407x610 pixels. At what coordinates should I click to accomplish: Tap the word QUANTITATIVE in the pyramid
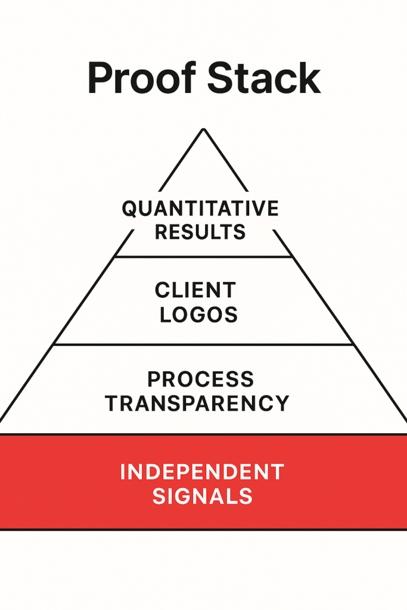tap(200, 208)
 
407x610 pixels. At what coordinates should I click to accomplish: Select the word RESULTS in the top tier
tap(200, 231)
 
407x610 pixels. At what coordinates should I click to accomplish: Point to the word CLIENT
tap(195, 291)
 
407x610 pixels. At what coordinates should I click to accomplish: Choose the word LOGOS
tap(198, 314)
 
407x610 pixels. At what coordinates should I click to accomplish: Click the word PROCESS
tap(200, 379)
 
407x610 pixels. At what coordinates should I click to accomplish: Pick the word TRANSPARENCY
tap(197, 403)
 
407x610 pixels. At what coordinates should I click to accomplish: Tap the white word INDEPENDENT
tap(202, 472)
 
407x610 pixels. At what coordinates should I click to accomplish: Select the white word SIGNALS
tap(203, 496)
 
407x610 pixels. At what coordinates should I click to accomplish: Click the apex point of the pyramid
tap(203, 129)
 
